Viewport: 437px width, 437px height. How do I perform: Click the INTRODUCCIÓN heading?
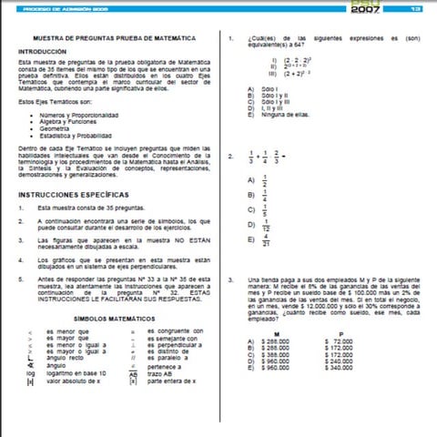pos(43,52)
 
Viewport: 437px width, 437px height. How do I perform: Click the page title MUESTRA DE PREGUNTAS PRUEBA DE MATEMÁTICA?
pos(114,38)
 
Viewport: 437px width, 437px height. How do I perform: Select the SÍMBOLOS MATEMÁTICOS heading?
pos(115,320)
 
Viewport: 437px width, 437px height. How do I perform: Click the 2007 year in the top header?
pos(363,8)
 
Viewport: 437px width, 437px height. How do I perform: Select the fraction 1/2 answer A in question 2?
pos(265,178)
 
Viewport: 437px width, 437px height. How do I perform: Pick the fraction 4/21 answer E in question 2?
pos(265,240)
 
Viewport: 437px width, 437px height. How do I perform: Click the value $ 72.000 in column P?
pos(339,342)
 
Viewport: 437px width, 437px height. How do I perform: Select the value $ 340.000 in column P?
pos(338,368)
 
